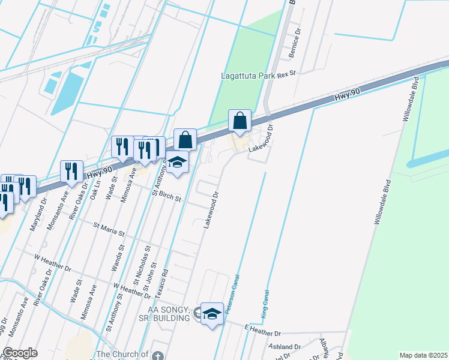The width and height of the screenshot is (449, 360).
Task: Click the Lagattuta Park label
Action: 246,76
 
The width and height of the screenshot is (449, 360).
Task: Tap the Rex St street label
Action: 289,74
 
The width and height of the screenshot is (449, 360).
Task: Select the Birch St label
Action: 170,197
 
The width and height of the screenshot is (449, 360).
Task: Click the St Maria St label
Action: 109,229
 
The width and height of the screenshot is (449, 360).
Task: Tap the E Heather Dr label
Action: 262,330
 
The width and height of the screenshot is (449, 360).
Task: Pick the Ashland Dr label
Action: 285,347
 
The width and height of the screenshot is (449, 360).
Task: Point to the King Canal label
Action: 264,304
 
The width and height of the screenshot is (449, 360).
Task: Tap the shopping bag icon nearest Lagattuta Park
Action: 240,121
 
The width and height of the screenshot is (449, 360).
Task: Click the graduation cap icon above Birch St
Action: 178,162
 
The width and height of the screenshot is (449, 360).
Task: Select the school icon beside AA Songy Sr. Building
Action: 211,313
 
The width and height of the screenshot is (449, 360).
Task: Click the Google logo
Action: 20,353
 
